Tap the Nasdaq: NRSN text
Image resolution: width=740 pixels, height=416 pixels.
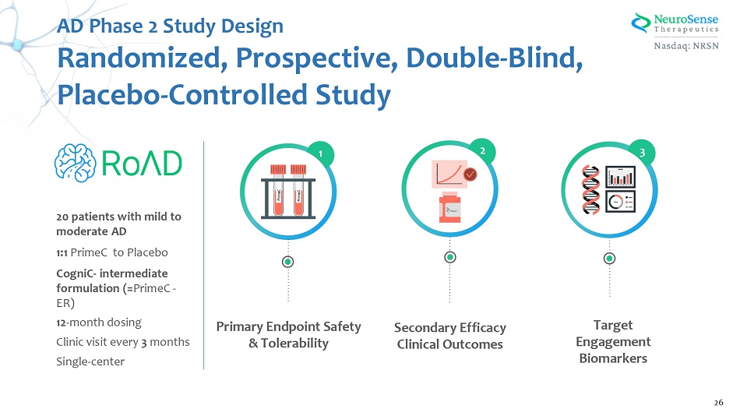point(690,45)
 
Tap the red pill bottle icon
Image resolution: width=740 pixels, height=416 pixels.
point(451,209)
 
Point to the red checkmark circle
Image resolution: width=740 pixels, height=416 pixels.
point(470,175)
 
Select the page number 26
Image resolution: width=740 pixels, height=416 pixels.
point(718,402)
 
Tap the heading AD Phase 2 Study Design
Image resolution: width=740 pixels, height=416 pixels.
point(171,26)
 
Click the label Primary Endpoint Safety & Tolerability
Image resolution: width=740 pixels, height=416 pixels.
point(288,335)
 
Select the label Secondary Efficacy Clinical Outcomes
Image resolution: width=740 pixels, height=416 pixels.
point(450,336)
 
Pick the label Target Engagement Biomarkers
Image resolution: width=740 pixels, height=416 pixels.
point(613,341)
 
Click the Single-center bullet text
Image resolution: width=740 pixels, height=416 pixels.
point(90,361)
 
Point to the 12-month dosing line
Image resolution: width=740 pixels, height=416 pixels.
point(99,322)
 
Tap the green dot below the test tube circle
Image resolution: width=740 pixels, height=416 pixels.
point(288,262)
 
